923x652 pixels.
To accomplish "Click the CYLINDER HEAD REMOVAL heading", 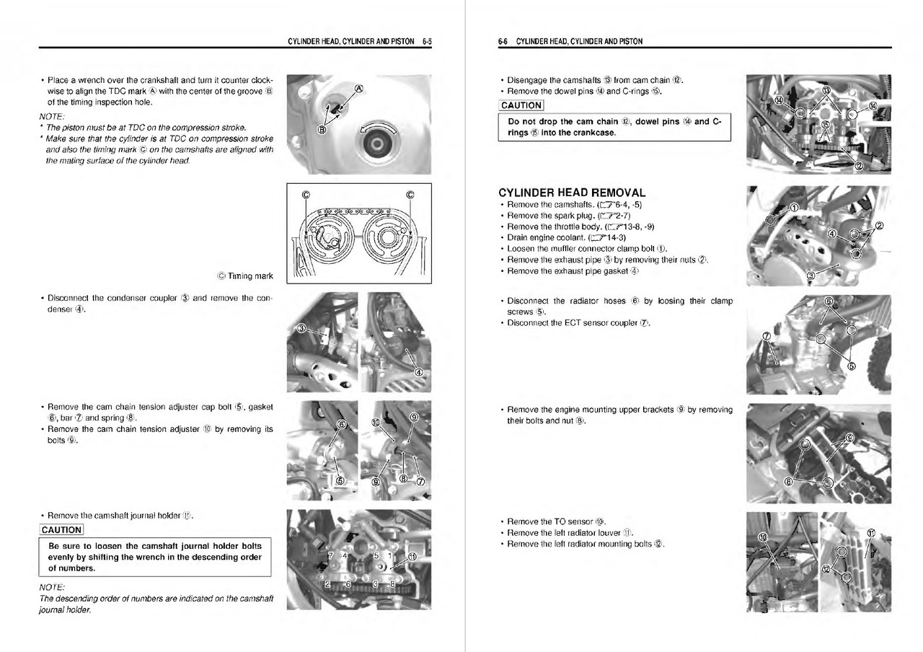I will coord(572,193).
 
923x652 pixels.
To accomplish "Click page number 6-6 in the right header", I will coord(503,42).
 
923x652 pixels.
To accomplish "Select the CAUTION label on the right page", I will coord(521,106).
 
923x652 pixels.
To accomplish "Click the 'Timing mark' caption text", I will coord(249,276).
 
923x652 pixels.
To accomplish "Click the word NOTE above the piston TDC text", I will coord(52,117).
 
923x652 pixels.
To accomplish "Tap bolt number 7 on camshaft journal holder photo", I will coord(330,555).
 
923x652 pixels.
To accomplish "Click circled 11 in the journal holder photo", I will coord(412,556).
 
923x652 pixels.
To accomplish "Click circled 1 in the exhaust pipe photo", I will coord(794,208).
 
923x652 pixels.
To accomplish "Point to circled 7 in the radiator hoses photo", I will coord(767,335).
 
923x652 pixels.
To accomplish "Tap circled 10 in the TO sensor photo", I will coord(763,539).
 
